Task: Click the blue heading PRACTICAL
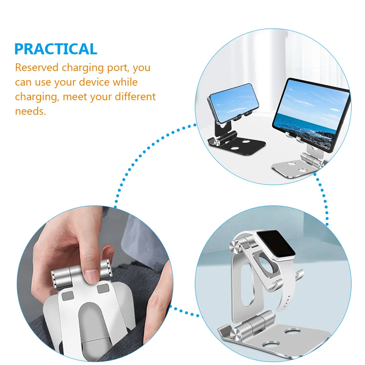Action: click(56, 49)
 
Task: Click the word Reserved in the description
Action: click(37, 67)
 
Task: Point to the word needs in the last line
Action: click(31, 111)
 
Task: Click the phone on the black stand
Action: click(233, 103)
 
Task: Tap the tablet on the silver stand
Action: click(311, 115)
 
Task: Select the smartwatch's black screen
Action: click(276, 243)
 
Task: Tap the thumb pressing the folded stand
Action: click(92, 272)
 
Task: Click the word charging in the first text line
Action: click(82, 68)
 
